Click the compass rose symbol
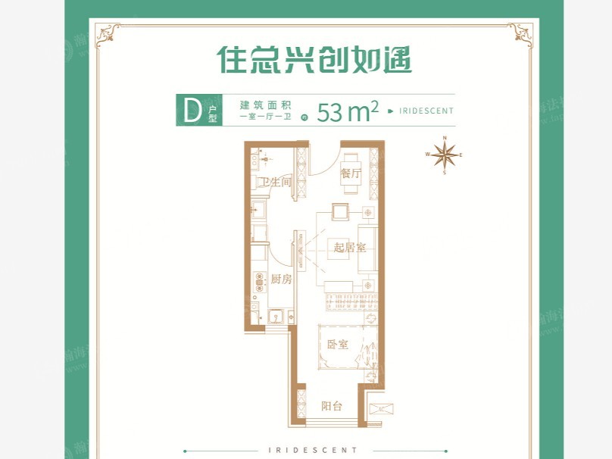pos(445,155)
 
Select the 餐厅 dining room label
pos(350,173)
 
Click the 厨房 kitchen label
pos(281,279)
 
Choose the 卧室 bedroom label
pos(338,345)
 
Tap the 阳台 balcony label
pos(331,406)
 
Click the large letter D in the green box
pos(192,111)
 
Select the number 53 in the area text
pos(331,112)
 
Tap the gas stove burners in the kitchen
pos(260,280)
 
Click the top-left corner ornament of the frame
pos(106,32)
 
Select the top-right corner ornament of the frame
pos(520,32)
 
